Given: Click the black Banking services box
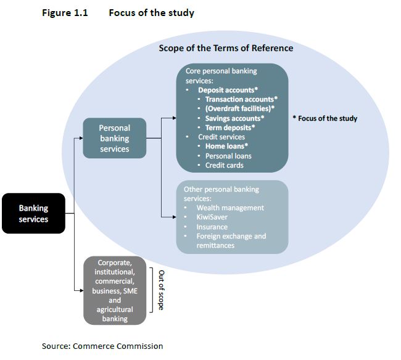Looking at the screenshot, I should pyautogui.click(x=33, y=213).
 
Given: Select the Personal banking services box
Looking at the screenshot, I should pyautogui.click(x=115, y=139).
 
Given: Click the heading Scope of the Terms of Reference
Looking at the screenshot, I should pyautogui.click(x=226, y=48).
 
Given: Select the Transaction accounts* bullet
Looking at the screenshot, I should pyautogui.click(x=241, y=99).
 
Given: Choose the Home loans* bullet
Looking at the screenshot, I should pyautogui.click(x=226, y=147).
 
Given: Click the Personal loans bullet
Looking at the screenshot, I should pyautogui.click(x=228, y=156).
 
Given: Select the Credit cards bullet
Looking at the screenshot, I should pyautogui.click(x=224, y=165).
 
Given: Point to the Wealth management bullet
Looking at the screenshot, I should pyautogui.click(x=229, y=208).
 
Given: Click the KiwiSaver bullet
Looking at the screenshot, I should pyautogui.click(x=213, y=217).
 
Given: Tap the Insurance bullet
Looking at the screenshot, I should pyautogui.click(x=212, y=227).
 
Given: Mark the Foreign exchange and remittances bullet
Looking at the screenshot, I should pyautogui.click(x=231, y=240).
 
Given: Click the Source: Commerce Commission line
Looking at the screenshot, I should pyautogui.click(x=102, y=346).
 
